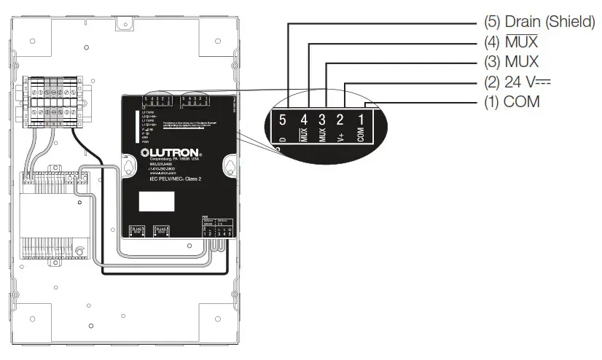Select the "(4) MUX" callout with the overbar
[510, 42]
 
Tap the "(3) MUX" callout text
[510, 62]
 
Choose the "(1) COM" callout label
[512, 101]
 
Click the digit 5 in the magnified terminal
[283, 118]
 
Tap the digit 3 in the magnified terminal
[323, 118]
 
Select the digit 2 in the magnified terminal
[341, 118]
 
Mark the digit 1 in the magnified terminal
[361, 118]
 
